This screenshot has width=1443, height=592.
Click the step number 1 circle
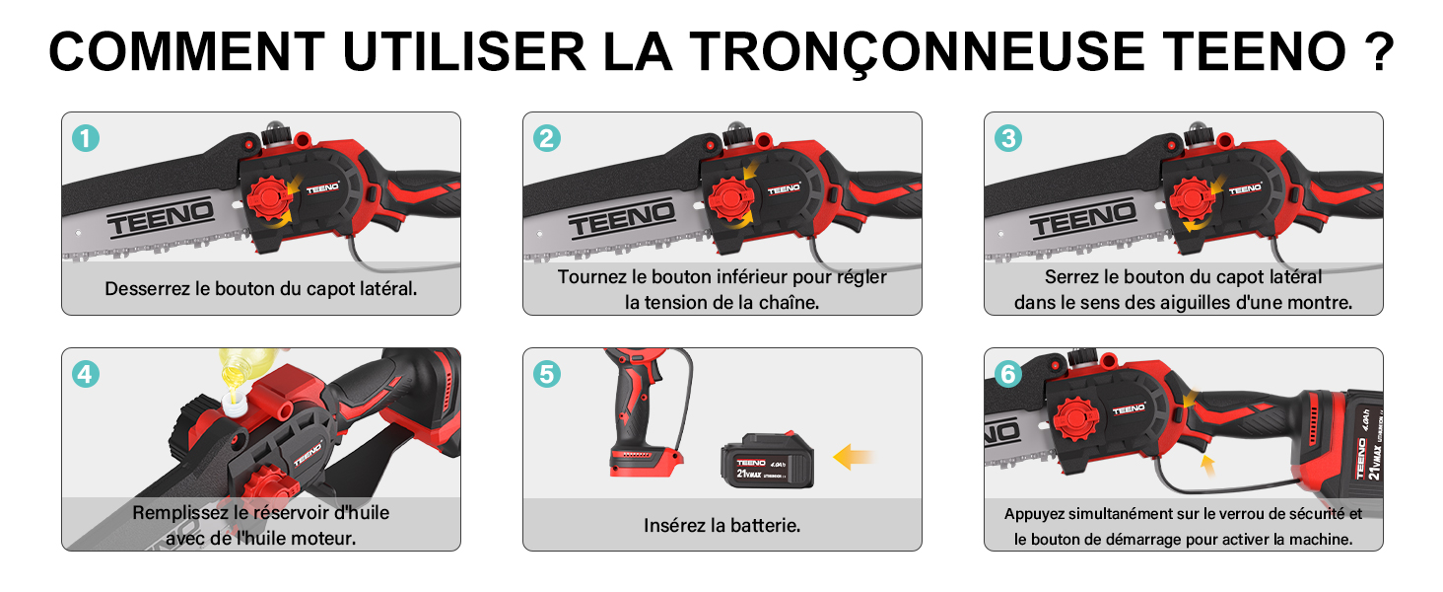86,138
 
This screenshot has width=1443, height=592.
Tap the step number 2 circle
547,138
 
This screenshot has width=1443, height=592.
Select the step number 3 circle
1008,138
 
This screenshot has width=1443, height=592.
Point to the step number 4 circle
86,374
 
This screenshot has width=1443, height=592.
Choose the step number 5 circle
547,374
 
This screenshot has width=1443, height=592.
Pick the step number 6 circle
1008,374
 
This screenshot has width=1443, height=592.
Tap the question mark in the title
1379,50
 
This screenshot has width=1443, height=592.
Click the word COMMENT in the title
187,50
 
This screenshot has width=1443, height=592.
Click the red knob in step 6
1075,419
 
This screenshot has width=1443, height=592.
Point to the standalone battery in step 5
767,461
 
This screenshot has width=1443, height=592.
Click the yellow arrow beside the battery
853,457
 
